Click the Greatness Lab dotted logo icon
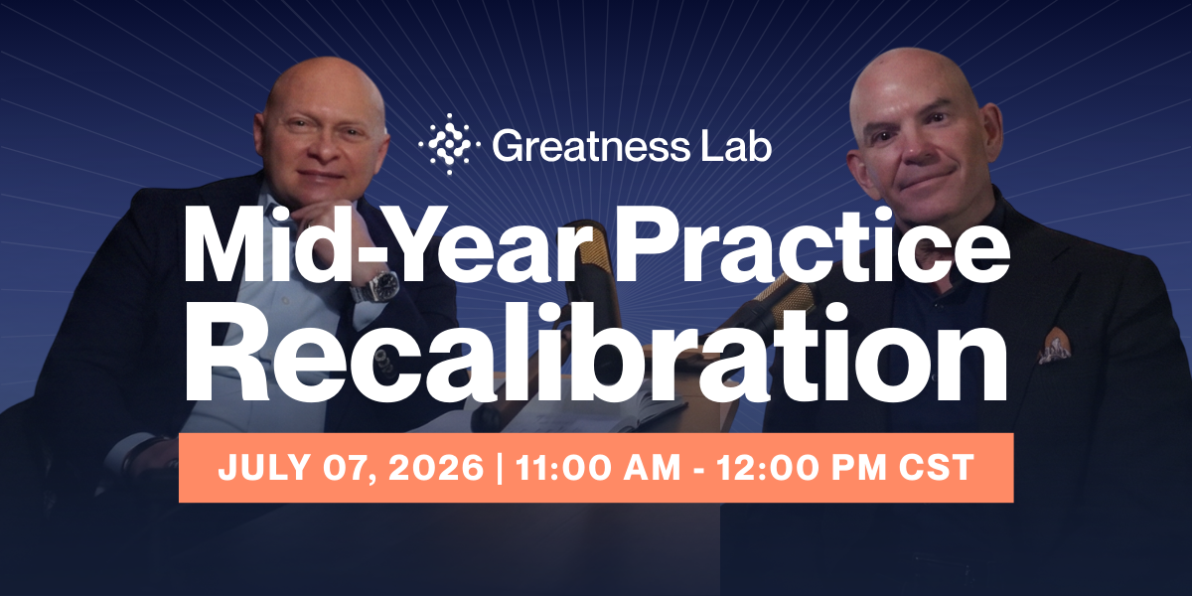(x=448, y=144)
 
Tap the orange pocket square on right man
(x=1054, y=349)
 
